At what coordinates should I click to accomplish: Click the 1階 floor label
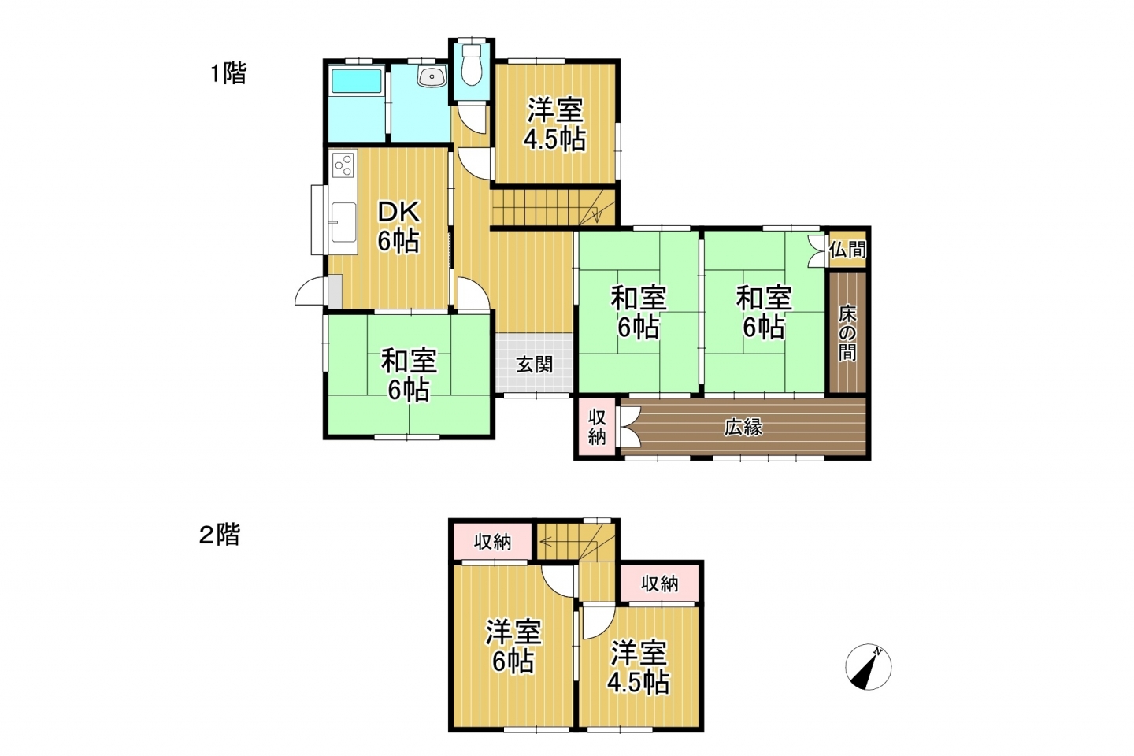pos(228,73)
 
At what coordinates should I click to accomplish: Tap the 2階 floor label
pos(220,535)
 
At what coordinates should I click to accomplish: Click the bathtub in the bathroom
pos(356,81)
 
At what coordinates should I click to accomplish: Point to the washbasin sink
pos(432,77)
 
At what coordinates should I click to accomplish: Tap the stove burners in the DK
pos(343,165)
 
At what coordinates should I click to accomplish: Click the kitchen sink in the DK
pos(343,223)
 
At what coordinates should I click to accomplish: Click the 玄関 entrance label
pos(535,364)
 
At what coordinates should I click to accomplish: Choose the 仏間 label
pos(847,250)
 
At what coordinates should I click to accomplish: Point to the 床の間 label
pos(847,333)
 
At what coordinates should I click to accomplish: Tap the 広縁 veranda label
pos(743,428)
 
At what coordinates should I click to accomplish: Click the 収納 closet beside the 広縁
pos(598,428)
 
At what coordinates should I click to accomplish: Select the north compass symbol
pos(868,667)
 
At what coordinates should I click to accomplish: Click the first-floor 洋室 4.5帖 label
pos(555,124)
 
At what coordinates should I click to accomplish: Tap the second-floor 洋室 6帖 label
pos(513,647)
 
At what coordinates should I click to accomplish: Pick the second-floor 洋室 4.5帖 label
pos(639,667)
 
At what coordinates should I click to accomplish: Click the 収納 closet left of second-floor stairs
pos(492,542)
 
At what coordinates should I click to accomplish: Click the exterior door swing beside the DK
pos(309,291)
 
